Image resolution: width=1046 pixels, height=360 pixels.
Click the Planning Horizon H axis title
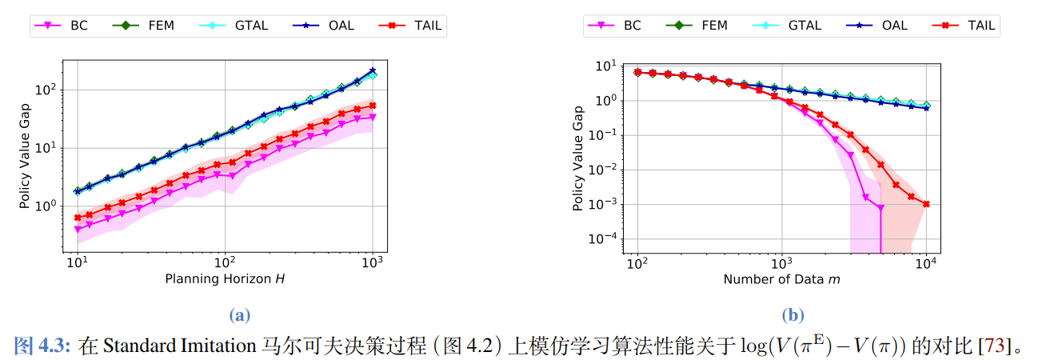[225, 279]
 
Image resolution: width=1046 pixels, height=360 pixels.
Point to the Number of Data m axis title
[781, 279]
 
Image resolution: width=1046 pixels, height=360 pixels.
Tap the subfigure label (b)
[793, 315]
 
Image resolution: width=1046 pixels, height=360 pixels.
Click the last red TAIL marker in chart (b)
[926, 204]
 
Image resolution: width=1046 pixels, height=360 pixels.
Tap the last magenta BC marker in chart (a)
[373, 117]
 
